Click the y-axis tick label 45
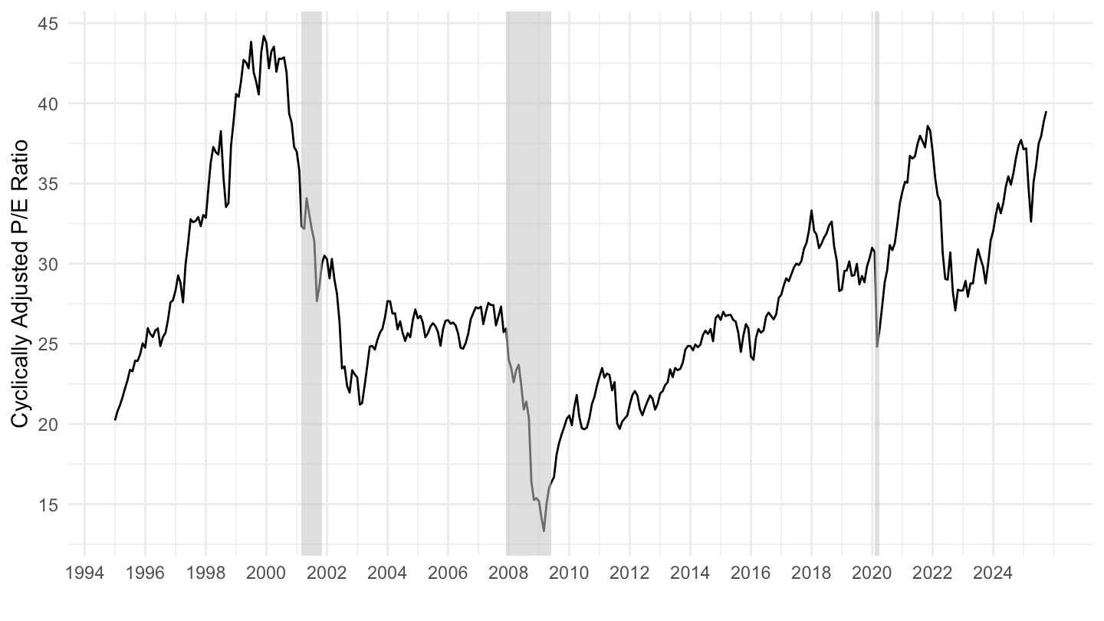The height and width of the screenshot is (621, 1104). click(49, 23)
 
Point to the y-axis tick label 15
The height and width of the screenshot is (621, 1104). click(49, 504)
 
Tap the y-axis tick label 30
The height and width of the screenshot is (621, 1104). click(49, 264)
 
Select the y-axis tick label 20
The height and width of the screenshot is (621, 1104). click(49, 424)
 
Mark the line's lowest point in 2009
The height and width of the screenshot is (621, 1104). click(544, 531)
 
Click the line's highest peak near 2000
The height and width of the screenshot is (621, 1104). click(264, 35)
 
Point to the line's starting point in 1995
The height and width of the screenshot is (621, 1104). click(115, 419)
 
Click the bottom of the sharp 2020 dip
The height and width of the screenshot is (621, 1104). click(877, 347)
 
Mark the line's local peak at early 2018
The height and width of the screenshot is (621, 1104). click(811, 210)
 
